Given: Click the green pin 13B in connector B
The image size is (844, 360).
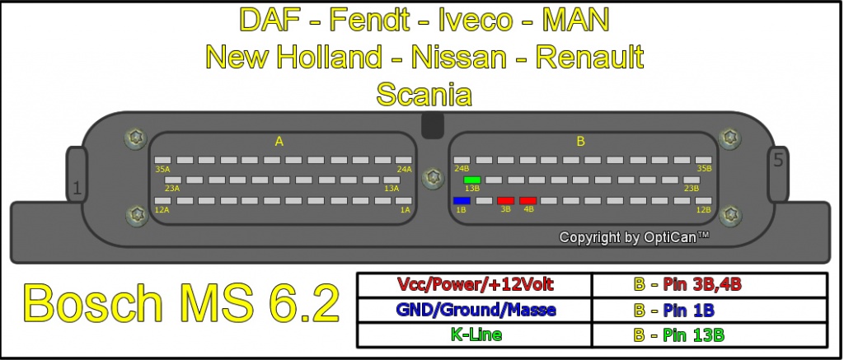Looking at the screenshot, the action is [472, 180].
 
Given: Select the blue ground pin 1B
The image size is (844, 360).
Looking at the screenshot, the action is [462, 201].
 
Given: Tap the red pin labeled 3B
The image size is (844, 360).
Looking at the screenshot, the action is [505, 201].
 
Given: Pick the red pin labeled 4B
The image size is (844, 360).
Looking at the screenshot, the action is [527, 201].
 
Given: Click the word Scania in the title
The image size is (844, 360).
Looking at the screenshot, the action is [424, 94].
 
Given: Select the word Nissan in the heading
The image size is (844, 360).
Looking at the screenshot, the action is [458, 57].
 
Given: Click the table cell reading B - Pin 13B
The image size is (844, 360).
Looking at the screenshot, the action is [710, 334].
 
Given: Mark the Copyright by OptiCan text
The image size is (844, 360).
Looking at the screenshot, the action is [634, 237].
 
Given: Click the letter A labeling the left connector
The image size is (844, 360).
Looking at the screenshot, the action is [279, 142].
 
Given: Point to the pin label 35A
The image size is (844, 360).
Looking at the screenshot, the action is [162, 169].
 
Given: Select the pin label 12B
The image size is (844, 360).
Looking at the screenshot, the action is [704, 209].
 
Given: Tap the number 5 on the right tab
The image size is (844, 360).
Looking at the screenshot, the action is [778, 160].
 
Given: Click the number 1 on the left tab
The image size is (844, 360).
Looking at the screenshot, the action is [77, 189].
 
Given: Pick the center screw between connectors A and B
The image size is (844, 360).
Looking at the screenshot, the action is [433, 178].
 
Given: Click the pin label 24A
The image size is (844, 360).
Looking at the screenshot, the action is [404, 169].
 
